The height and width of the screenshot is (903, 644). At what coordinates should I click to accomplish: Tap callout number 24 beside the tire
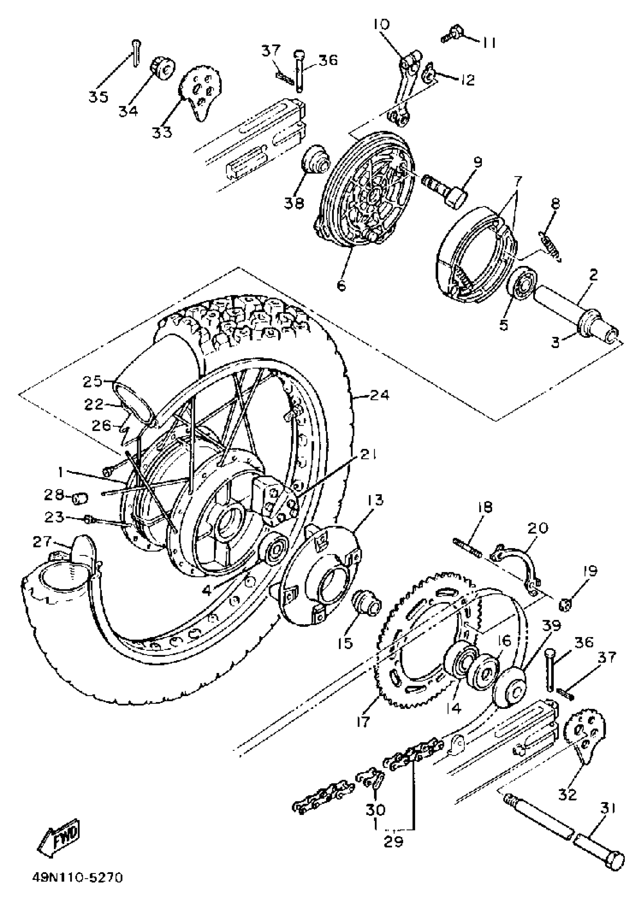pyautogui.click(x=380, y=395)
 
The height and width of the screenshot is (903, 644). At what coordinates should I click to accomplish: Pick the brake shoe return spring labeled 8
pyautogui.click(x=551, y=241)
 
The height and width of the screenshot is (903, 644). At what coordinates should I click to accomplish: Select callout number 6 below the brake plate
pyautogui.click(x=341, y=285)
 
